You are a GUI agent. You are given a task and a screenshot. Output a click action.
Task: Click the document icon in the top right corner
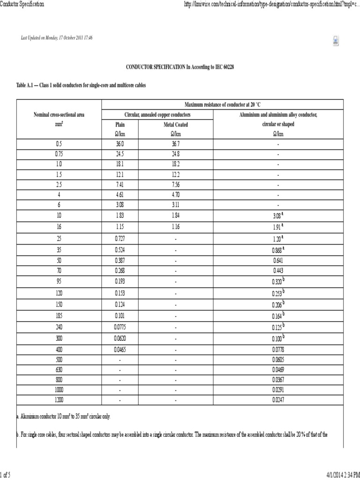336,41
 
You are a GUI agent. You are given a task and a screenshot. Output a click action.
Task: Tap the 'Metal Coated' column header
176,125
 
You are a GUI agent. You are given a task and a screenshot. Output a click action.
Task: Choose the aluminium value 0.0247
278,400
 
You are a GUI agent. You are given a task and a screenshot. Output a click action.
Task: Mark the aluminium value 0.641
278,260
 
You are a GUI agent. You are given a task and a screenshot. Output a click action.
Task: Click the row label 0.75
59,154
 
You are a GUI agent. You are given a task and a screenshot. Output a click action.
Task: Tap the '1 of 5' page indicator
6,475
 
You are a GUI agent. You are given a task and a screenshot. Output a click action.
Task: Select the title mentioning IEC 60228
180,67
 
